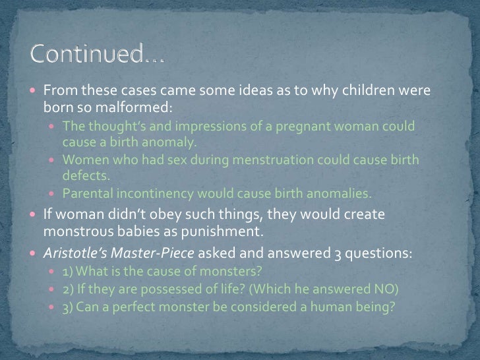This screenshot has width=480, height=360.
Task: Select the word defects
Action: coord(84,177)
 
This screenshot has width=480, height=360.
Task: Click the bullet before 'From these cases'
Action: coord(34,90)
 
